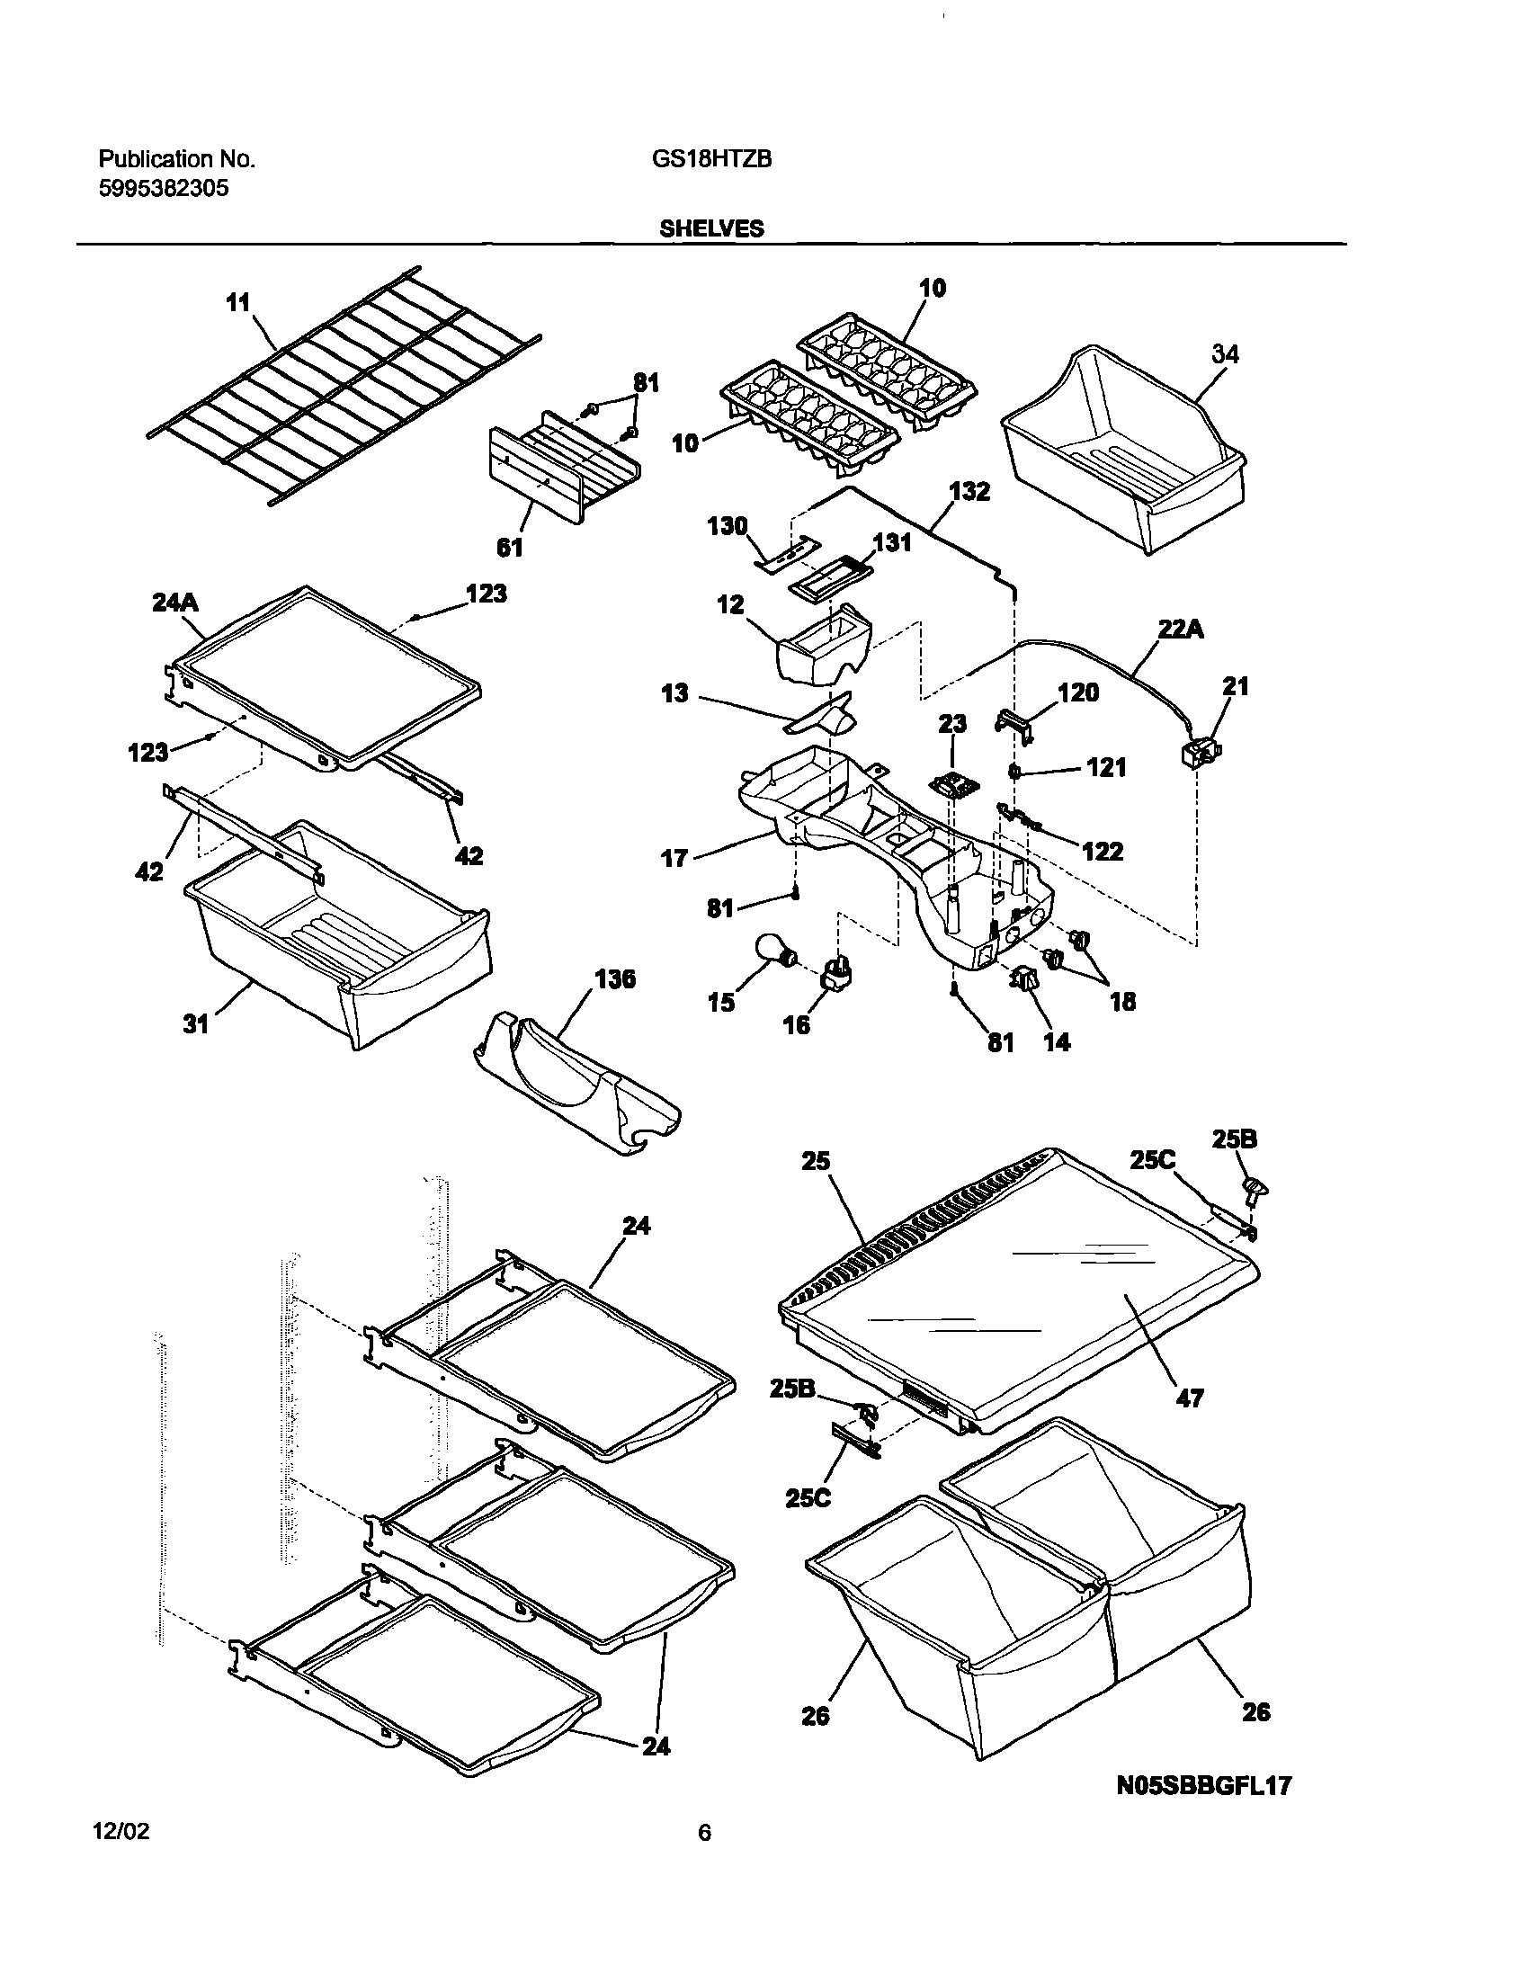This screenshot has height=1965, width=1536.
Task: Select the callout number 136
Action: [x=614, y=978]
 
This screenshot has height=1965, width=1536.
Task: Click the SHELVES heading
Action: [x=710, y=228]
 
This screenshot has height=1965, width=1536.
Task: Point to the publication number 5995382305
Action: [x=163, y=188]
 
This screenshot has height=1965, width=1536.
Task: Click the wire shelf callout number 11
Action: [x=237, y=302]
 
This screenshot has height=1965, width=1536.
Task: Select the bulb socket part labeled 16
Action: [x=836, y=975]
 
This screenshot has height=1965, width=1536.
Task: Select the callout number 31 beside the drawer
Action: [x=196, y=1023]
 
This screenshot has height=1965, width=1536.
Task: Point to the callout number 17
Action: [x=674, y=858]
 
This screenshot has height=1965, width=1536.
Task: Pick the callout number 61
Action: [x=509, y=546]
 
